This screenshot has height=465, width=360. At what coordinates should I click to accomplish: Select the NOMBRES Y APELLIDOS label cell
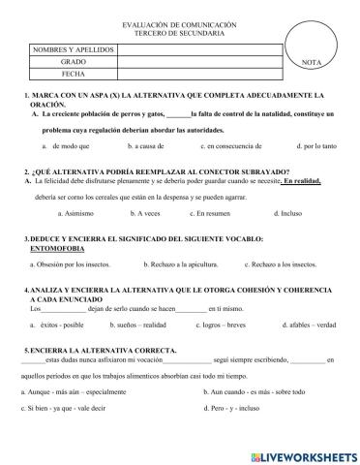click(73, 47)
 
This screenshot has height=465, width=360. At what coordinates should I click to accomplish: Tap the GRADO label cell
click(73, 60)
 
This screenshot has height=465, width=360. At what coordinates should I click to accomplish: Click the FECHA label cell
click(73, 73)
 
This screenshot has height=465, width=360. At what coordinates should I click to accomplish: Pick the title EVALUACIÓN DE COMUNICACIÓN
click(181, 22)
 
